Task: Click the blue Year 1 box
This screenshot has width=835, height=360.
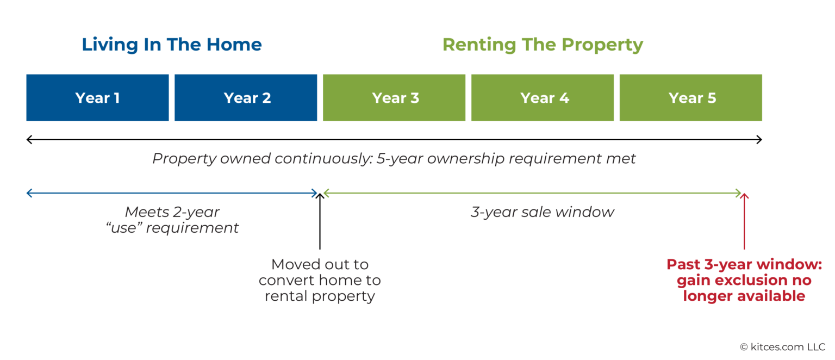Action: coord(97,98)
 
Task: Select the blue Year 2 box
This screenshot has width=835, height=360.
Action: coord(246,98)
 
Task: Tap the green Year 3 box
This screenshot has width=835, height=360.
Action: coord(394,98)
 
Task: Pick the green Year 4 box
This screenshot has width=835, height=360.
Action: coord(543,98)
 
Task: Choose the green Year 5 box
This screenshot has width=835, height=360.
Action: coord(691,98)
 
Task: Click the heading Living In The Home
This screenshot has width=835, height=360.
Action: coord(172,45)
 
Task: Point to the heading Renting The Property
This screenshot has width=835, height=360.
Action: coord(543,45)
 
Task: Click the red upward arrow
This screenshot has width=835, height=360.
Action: coord(744,221)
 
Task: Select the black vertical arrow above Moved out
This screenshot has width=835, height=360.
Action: coord(320,221)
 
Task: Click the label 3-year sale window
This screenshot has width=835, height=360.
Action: coord(543,212)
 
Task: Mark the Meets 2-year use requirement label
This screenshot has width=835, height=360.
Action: coord(172,220)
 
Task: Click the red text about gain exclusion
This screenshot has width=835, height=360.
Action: coord(744,280)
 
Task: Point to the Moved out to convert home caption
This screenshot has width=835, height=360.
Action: coord(320,280)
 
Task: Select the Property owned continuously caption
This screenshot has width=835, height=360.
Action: coord(394,159)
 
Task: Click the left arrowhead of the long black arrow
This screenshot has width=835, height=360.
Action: coord(29,140)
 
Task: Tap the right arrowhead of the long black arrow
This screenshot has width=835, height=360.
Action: coord(759,140)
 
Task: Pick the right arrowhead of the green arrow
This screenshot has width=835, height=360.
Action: coord(739,193)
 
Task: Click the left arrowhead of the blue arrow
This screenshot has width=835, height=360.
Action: coord(29,193)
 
